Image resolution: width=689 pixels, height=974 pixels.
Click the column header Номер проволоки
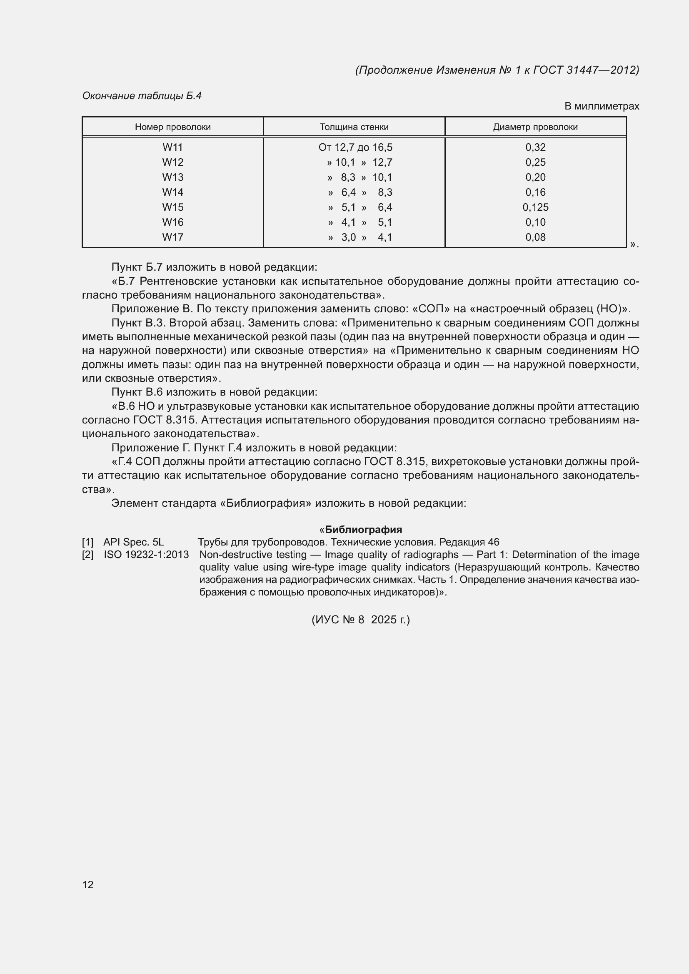click(x=173, y=127)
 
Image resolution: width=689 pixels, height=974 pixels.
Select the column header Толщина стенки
click(x=354, y=127)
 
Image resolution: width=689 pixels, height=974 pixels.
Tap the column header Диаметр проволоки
click(x=535, y=127)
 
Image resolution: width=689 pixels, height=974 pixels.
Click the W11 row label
click(x=173, y=147)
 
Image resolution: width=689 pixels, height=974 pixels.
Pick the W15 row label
click(x=173, y=207)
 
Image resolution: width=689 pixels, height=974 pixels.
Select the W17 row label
click(x=173, y=237)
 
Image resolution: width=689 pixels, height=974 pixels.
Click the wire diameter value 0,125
click(x=535, y=207)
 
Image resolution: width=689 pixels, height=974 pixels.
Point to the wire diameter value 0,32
click(x=535, y=147)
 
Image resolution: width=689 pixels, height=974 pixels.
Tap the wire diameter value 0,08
click(x=535, y=237)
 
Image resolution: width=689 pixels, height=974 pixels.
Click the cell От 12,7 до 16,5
click(x=355, y=147)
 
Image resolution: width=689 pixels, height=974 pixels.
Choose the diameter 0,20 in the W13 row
click(x=535, y=177)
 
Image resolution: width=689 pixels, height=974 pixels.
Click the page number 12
click(x=88, y=884)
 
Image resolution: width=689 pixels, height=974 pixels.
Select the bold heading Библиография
click(x=363, y=529)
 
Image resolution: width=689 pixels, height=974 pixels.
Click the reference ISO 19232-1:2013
click(x=146, y=554)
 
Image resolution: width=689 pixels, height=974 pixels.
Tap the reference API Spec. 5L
click(x=134, y=542)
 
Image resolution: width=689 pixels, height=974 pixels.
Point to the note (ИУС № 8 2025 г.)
click(x=361, y=620)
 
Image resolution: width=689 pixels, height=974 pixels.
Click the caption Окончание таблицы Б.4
click(x=142, y=96)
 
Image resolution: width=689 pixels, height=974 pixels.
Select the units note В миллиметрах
click(x=601, y=106)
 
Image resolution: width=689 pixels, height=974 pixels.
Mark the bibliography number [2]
click(x=88, y=554)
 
